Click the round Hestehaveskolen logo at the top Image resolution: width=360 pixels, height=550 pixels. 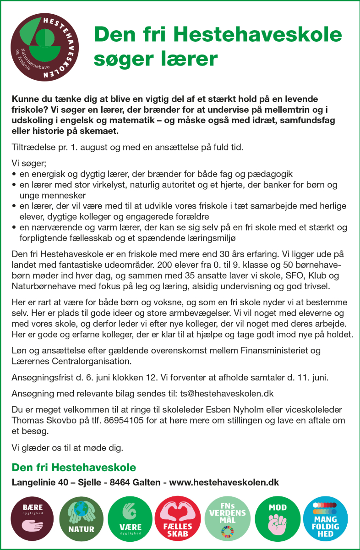tap(45, 47)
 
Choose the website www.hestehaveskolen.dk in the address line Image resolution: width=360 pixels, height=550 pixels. tap(224, 482)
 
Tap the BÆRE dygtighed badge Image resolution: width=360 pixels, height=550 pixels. tap(33, 518)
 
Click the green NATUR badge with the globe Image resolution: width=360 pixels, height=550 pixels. tap(81, 518)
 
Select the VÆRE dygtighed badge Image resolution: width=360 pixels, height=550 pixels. tap(130, 518)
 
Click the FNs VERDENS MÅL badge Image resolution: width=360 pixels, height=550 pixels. tap(227, 518)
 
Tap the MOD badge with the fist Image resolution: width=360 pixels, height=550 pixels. tap(278, 518)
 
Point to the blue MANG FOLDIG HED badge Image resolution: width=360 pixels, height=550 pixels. tap(325, 518)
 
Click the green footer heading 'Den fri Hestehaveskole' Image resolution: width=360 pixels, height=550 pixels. tap(74, 467)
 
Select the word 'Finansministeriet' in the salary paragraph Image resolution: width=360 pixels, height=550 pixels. tap(280, 351)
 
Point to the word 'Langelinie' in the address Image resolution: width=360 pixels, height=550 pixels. tap(33, 482)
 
